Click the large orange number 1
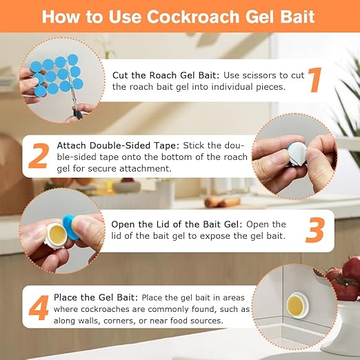pyautogui.click(x=314, y=80)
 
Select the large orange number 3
pyautogui.click(x=314, y=231)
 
